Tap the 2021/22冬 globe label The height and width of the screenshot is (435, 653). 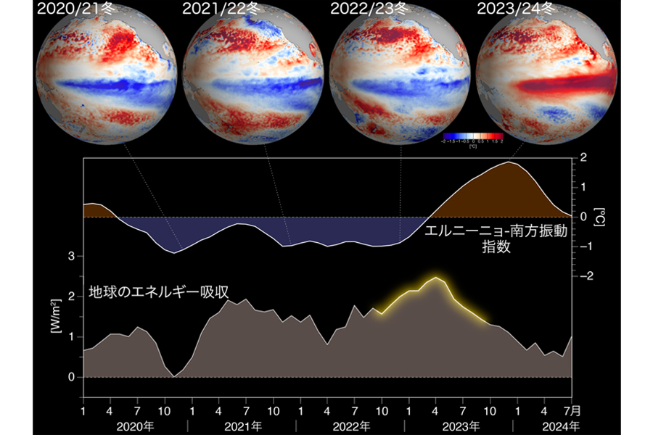[x=221, y=10]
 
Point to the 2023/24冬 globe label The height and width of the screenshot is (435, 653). [x=515, y=10]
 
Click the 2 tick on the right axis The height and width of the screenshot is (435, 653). [x=584, y=157]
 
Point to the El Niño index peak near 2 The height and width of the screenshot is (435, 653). [x=511, y=162]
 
